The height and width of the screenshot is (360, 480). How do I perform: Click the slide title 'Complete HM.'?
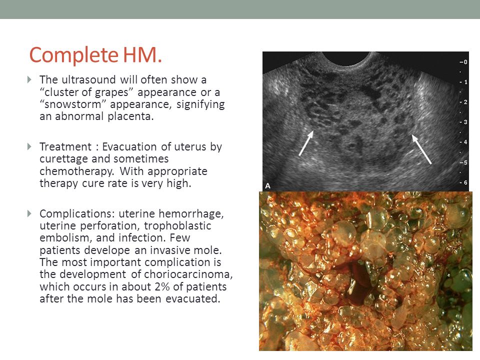(x=95, y=55)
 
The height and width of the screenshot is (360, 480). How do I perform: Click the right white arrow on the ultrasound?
(x=421, y=148)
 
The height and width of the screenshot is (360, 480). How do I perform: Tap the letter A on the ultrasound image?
(x=268, y=185)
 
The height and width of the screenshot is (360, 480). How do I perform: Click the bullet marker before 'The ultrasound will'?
(x=29, y=80)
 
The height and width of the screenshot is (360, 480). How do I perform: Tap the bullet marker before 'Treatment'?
(x=29, y=147)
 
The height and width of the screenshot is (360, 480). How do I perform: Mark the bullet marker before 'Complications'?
(x=29, y=214)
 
